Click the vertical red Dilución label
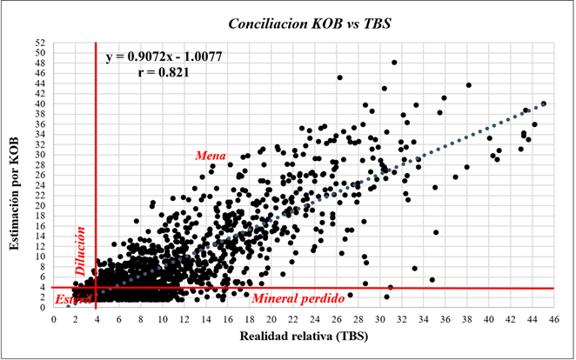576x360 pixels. [79, 252]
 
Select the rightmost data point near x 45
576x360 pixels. [544, 103]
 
